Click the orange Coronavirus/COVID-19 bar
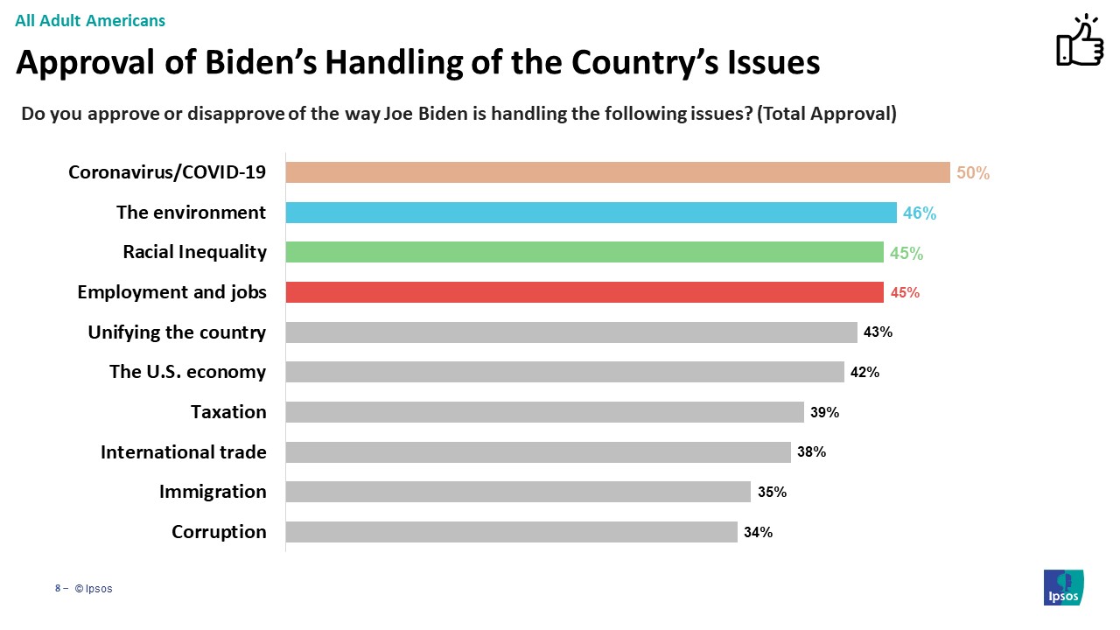pyautogui.click(x=617, y=172)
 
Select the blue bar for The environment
pyautogui.click(x=591, y=213)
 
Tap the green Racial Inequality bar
pyautogui.click(x=584, y=252)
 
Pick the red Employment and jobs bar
pyautogui.click(x=584, y=292)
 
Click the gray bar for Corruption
pyautogui.click(x=511, y=532)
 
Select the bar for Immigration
pyautogui.click(x=518, y=492)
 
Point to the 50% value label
pyautogui.click(x=973, y=173)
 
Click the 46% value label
pyautogui.click(x=920, y=213)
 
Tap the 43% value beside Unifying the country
pyautogui.click(x=878, y=332)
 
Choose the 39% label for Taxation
pyautogui.click(x=824, y=412)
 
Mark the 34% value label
pyautogui.click(x=758, y=532)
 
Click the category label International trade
pyautogui.click(x=183, y=452)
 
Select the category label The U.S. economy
pyautogui.click(x=187, y=372)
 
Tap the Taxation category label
pyautogui.click(x=228, y=412)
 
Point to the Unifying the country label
pyautogui.click(x=177, y=332)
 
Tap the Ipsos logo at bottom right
pyautogui.click(x=1063, y=587)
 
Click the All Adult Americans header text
pyautogui.click(x=90, y=20)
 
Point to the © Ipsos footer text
pyautogui.click(x=94, y=589)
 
